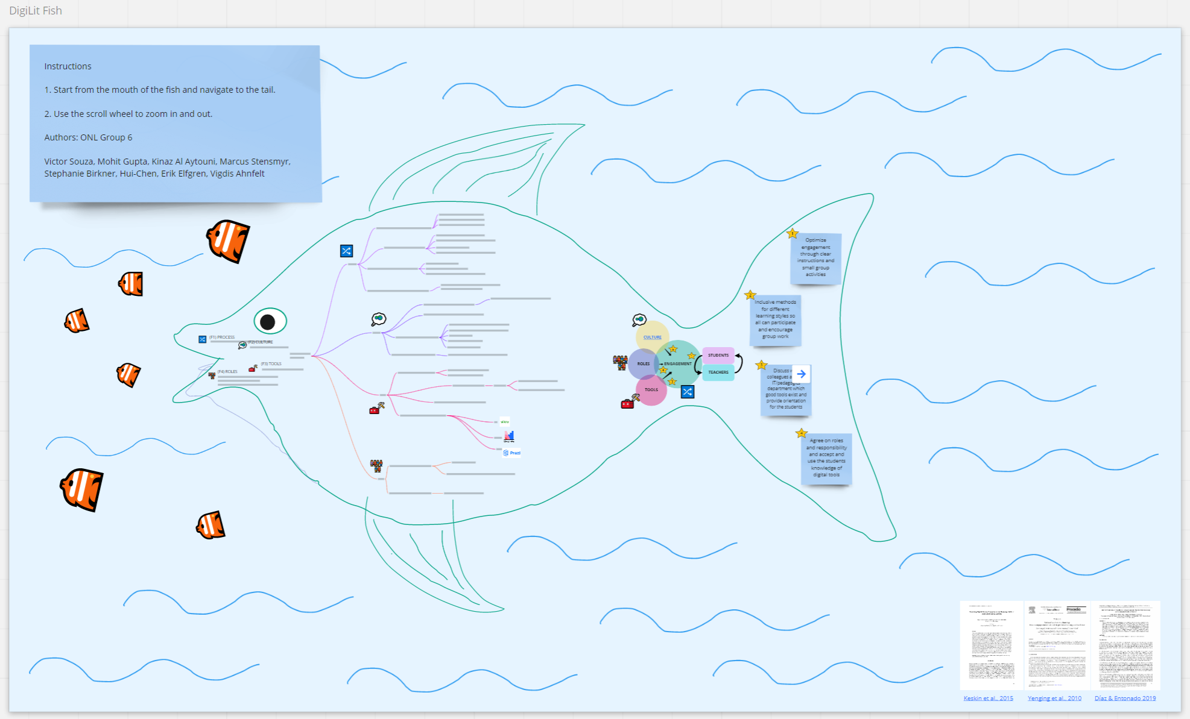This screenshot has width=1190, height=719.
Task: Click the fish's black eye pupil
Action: [x=268, y=322]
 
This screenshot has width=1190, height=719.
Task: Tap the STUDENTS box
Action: [x=718, y=355]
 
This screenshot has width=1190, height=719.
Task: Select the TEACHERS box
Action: [x=718, y=372]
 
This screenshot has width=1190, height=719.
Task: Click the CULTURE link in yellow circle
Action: [x=652, y=338]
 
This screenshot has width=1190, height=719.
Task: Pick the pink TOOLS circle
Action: [x=651, y=390]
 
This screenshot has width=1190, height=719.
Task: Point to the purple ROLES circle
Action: [x=643, y=364]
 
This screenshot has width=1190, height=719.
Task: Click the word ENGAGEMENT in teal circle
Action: [x=677, y=364]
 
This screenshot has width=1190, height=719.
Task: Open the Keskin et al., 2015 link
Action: [x=988, y=698]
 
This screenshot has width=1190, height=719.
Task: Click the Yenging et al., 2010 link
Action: [x=1054, y=698]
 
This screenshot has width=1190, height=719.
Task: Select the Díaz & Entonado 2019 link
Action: [x=1125, y=698]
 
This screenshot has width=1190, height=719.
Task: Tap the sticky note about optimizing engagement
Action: [x=815, y=258]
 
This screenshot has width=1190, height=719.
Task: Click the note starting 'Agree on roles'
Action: [x=826, y=459]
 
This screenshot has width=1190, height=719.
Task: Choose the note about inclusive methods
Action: [x=775, y=320]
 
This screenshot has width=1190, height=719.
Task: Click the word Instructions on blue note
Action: [x=68, y=66]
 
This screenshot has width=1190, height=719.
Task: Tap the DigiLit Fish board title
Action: [x=36, y=11]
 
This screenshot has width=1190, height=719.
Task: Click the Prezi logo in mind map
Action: [x=511, y=453]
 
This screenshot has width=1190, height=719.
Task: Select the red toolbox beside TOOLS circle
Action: [x=627, y=404]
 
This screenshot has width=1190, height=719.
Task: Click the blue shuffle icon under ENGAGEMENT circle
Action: [x=688, y=392]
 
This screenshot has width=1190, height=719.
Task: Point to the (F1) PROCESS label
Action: [x=222, y=338]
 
